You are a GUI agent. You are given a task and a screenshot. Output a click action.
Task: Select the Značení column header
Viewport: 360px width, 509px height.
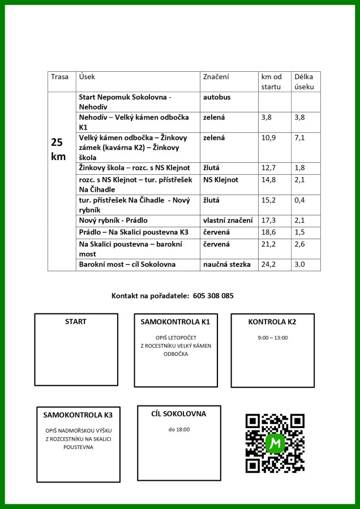(216, 76)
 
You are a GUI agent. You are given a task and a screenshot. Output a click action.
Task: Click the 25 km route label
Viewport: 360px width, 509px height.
(58, 149)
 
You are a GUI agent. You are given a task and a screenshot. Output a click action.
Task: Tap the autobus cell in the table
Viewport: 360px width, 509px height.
(217, 97)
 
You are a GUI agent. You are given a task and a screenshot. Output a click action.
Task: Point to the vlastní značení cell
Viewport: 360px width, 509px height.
(228, 220)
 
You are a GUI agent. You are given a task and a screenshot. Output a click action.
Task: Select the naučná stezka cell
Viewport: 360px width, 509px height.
(226, 264)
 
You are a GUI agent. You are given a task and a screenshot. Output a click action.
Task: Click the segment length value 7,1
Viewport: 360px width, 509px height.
(299, 137)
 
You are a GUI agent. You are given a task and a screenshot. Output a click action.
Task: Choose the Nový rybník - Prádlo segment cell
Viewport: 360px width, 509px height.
(113, 220)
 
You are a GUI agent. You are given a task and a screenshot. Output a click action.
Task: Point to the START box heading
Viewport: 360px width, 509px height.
(76, 322)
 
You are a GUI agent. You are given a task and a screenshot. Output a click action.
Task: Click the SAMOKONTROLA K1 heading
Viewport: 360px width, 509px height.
(175, 322)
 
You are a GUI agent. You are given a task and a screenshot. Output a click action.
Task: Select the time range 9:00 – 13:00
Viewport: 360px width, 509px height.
(272, 338)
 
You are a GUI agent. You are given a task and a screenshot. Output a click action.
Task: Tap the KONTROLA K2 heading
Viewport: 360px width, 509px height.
(272, 322)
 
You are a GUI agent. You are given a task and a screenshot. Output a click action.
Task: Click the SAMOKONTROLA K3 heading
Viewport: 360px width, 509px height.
(78, 415)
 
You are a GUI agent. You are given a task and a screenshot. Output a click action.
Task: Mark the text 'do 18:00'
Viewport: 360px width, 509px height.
(179, 430)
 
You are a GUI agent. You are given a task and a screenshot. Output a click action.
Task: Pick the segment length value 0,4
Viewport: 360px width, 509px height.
(299, 200)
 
